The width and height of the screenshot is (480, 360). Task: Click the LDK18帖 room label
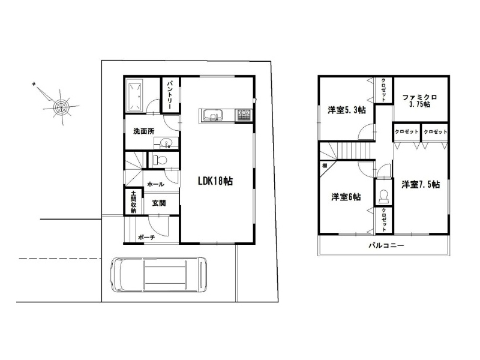click(x=215, y=181)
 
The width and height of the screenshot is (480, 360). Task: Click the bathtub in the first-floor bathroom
click(x=134, y=95)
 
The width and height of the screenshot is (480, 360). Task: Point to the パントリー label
click(x=172, y=95)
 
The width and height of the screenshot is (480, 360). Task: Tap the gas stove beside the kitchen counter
click(x=244, y=116)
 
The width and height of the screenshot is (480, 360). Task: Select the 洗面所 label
click(x=143, y=131)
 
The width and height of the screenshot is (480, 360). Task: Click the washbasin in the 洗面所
click(x=166, y=143)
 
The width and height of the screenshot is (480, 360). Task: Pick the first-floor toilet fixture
click(x=160, y=160)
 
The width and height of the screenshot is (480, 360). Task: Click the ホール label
click(x=155, y=184)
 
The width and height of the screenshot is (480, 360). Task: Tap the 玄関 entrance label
click(x=159, y=203)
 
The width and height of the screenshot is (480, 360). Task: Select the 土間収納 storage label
click(x=133, y=202)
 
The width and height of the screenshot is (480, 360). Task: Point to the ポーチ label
click(x=146, y=237)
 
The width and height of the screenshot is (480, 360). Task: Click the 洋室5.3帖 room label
click(x=347, y=110)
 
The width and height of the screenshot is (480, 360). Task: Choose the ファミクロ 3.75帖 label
click(x=419, y=101)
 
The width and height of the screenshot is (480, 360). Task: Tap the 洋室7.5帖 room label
click(x=421, y=184)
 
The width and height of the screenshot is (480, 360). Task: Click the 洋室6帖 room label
click(x=346, y=197)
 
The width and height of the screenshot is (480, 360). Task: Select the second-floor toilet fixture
click(x=383, y=196)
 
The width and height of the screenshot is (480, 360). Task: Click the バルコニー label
click(x=386, y=245)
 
